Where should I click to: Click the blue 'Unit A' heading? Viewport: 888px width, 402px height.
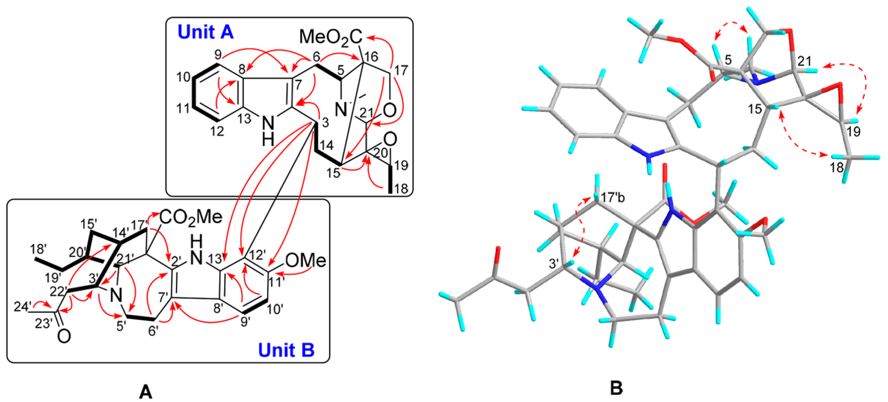tap(206, 32)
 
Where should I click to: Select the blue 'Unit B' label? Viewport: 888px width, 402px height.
tap(286, 350)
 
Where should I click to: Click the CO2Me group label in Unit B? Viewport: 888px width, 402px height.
tap(191, 216)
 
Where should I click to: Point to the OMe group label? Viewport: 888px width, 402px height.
tap(305, 261)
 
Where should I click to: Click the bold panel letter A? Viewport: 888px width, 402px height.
tap(145, 392)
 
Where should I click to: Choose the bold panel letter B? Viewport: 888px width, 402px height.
tap(616, 389)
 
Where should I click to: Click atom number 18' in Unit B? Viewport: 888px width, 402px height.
tap(39, 249)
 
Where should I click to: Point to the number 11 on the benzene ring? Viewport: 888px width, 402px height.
tap(184, 109)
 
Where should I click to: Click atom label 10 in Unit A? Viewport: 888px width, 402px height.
tap(183, 77)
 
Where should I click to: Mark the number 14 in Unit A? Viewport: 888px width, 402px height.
tap(326, 146)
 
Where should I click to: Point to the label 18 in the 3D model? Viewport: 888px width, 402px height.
tap(836, 168)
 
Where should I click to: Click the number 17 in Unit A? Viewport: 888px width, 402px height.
tap(401, 70)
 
